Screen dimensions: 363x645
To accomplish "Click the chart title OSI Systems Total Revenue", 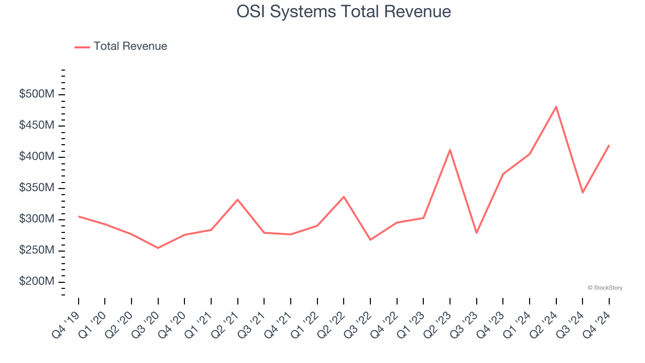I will coord(344,12).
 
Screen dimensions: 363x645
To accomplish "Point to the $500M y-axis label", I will coord(36,95).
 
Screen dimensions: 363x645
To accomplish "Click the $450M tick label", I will coord(36,126).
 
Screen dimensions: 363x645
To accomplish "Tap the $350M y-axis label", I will coord(36,188).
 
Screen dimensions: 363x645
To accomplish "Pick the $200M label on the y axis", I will coord(36,281).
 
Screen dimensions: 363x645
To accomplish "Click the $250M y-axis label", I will coord(36,251).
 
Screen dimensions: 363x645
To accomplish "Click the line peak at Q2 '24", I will coord(556,107).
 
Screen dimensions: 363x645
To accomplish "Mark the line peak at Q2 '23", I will coord(450,150).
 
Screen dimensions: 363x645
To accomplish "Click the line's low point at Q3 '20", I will coord(158,248).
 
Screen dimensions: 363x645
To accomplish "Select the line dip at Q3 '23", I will coord(476,232).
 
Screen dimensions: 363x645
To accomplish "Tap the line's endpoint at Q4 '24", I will coord(609,146).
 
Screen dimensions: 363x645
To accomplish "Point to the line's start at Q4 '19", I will coord(79,216).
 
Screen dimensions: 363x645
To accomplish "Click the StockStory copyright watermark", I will coord(605,288).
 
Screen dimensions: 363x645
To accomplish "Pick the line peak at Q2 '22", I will coord(344,197).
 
